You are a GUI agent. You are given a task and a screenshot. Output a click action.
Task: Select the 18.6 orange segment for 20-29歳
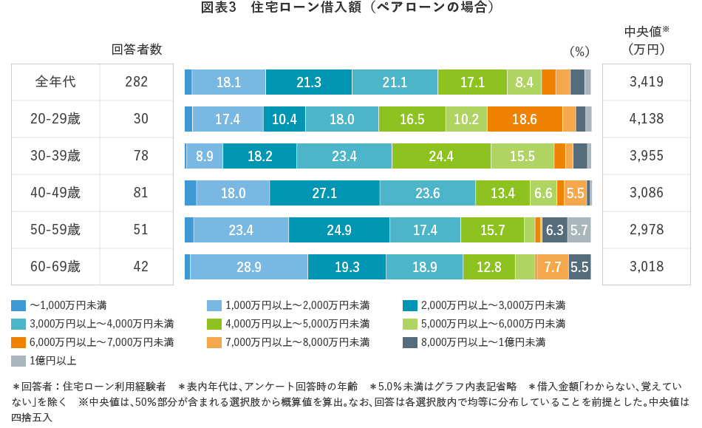pyautogui.click(x=525, y=119)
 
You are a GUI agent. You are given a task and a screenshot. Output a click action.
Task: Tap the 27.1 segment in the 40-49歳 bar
pyautogui.click(x=324, y=193)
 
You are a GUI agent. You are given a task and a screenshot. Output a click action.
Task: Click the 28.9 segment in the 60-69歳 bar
pyautogui.click(x=248, y=267)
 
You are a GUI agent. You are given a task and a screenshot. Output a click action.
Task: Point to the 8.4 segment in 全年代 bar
pyautogui.click(x=524, y=82)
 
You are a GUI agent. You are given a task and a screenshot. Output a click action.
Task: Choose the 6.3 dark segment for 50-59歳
pyautogui.click(x=554, y=230)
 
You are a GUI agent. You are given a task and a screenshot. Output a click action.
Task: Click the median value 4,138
pyautogui.click(x=646, y=119)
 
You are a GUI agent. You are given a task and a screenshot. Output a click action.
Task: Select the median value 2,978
pyautogui.click(x=646, y=230)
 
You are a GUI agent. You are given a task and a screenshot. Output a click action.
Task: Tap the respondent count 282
pyautogui.click(x=137, y=82)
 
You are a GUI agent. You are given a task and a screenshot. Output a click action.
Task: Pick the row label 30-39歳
pyautogui.click(x=56, y=156)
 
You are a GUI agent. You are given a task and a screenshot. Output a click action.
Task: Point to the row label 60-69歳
pyautogui.click(x=56, y=267)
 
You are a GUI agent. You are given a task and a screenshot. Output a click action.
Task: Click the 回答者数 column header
pyautogui.click(x=137, y=50)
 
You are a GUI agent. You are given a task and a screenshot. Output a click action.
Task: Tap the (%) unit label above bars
pyautogui.click(x=579, y=52)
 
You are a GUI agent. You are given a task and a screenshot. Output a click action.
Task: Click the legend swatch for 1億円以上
pyautogui.click(x=18, y=361)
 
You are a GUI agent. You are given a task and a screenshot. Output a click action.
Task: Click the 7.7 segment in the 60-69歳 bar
pyautogui.click(x=552, y=267)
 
